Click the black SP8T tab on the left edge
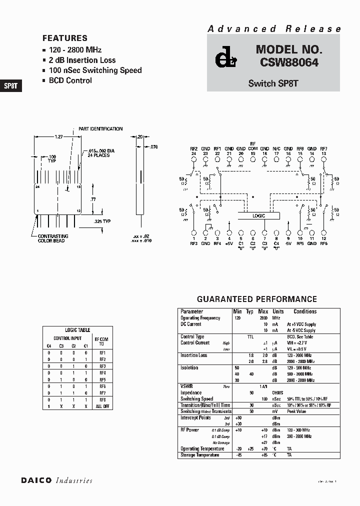point(10,85)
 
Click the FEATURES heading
point(64,38)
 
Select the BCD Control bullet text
point(70,80)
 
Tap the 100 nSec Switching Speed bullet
point(95,70)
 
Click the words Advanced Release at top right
point(274,29)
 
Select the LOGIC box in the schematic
point(258,215)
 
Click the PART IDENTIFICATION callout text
point(100,129)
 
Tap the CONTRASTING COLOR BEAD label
point(53,238)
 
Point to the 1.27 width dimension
point(58,136)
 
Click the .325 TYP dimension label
point(102,220)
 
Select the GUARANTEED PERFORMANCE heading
point(256,299)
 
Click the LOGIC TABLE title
point(78,330)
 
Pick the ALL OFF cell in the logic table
point(102,407)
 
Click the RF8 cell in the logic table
point(102,400)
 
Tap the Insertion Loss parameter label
point(193,355)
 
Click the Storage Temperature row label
point(199,455)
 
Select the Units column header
point(277,311)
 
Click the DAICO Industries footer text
point(56,480)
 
